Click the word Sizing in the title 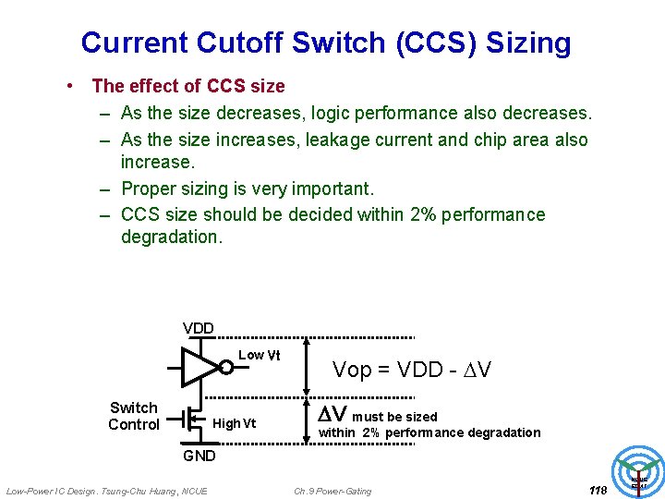tap(528, 43)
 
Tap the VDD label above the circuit tap(199, 328)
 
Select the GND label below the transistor tap(199, 456)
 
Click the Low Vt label tap(260, 356)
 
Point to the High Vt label tap(234, 424)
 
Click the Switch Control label tap(134, 416)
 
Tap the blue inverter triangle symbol tap(198, 367)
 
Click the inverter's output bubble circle tap(226, 367)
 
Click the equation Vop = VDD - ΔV tap(411, 371)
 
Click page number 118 tap(598, 491)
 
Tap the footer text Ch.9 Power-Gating tap(332, 491)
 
